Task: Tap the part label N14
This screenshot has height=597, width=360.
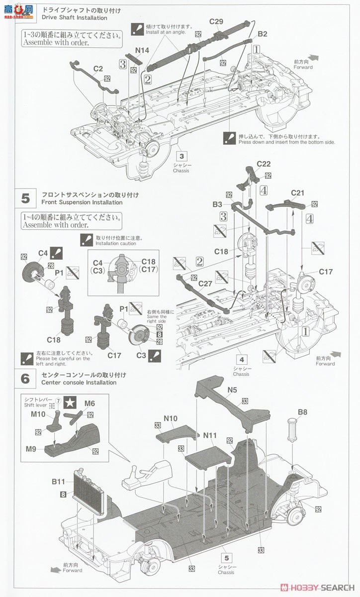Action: click(141, 50)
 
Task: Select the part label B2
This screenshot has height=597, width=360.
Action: click(263, 34)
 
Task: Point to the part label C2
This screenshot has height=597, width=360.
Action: click(97, 69)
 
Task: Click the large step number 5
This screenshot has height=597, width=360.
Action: click(25, 199)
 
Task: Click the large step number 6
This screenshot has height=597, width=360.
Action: click(25, 379)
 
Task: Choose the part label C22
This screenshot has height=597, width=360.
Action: click(264, 164)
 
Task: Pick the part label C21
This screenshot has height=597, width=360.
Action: click(297, 193)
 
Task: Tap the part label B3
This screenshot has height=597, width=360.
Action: click(217, 204)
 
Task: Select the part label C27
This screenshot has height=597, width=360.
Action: click(205, 284)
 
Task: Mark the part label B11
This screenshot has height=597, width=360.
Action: click(58, 482)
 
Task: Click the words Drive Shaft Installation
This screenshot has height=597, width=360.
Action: click(75, 18)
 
